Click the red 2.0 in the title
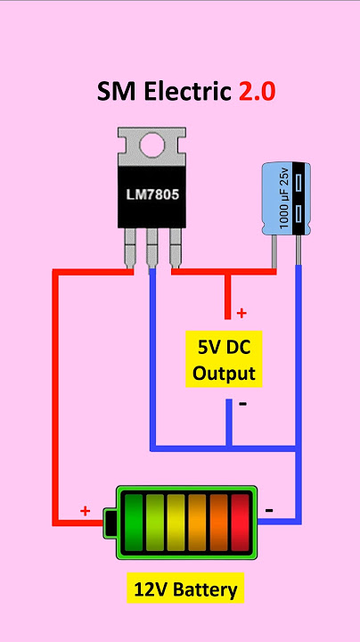pos(257,91)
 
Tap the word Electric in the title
pos(188,91)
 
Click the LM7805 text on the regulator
pos(152,195)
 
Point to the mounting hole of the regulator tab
pos(152,144)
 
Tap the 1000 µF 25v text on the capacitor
pos(284,198)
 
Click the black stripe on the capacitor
pos(301,199)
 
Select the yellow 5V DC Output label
pos(224,359)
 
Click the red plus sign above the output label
pos(241,313)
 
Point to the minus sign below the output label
pos(242,404)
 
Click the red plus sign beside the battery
pos(85,511)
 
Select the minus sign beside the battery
pos(269,510)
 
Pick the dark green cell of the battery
pos(134,523)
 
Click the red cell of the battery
pos(240,523)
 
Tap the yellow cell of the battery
pos(176,523)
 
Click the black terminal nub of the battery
pos(110,522)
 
